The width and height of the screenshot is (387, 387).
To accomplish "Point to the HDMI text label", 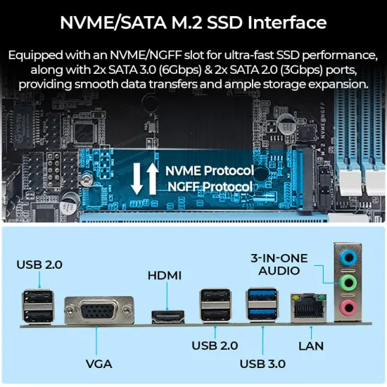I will tap(164, 275).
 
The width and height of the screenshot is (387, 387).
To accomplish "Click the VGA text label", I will tap(99, 364).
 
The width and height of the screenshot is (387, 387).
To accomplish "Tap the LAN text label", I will tap(310, 345).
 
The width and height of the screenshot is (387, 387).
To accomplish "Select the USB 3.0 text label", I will tap(262, 364).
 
